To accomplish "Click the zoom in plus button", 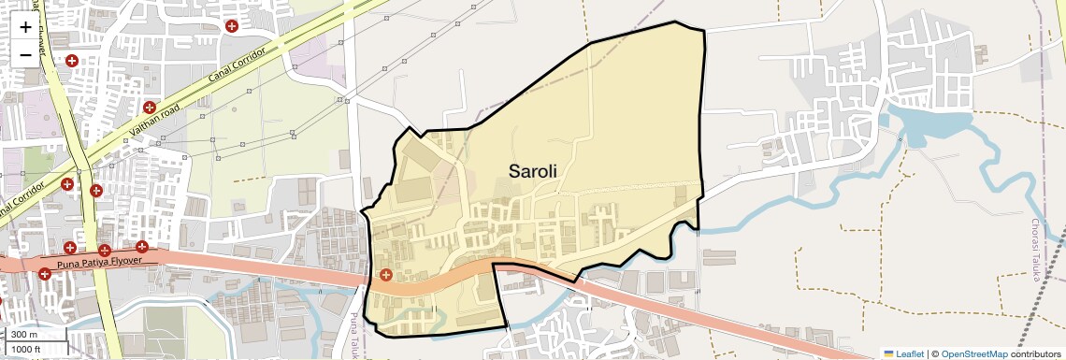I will (x=25, y=27).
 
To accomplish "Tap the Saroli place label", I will (x=533, y=171).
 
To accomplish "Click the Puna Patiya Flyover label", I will (x=100, y=260).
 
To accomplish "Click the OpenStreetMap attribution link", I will (x=973, y=353).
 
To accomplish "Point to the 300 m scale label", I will (x=25, y=335).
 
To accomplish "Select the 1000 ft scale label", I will (x=26, y=349).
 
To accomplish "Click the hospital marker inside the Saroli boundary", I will (x=386, y=274).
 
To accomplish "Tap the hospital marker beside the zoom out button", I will (x=71, y=61).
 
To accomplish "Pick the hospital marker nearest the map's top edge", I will (x=231, y=25).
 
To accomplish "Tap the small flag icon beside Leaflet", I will (x=888, y=353).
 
